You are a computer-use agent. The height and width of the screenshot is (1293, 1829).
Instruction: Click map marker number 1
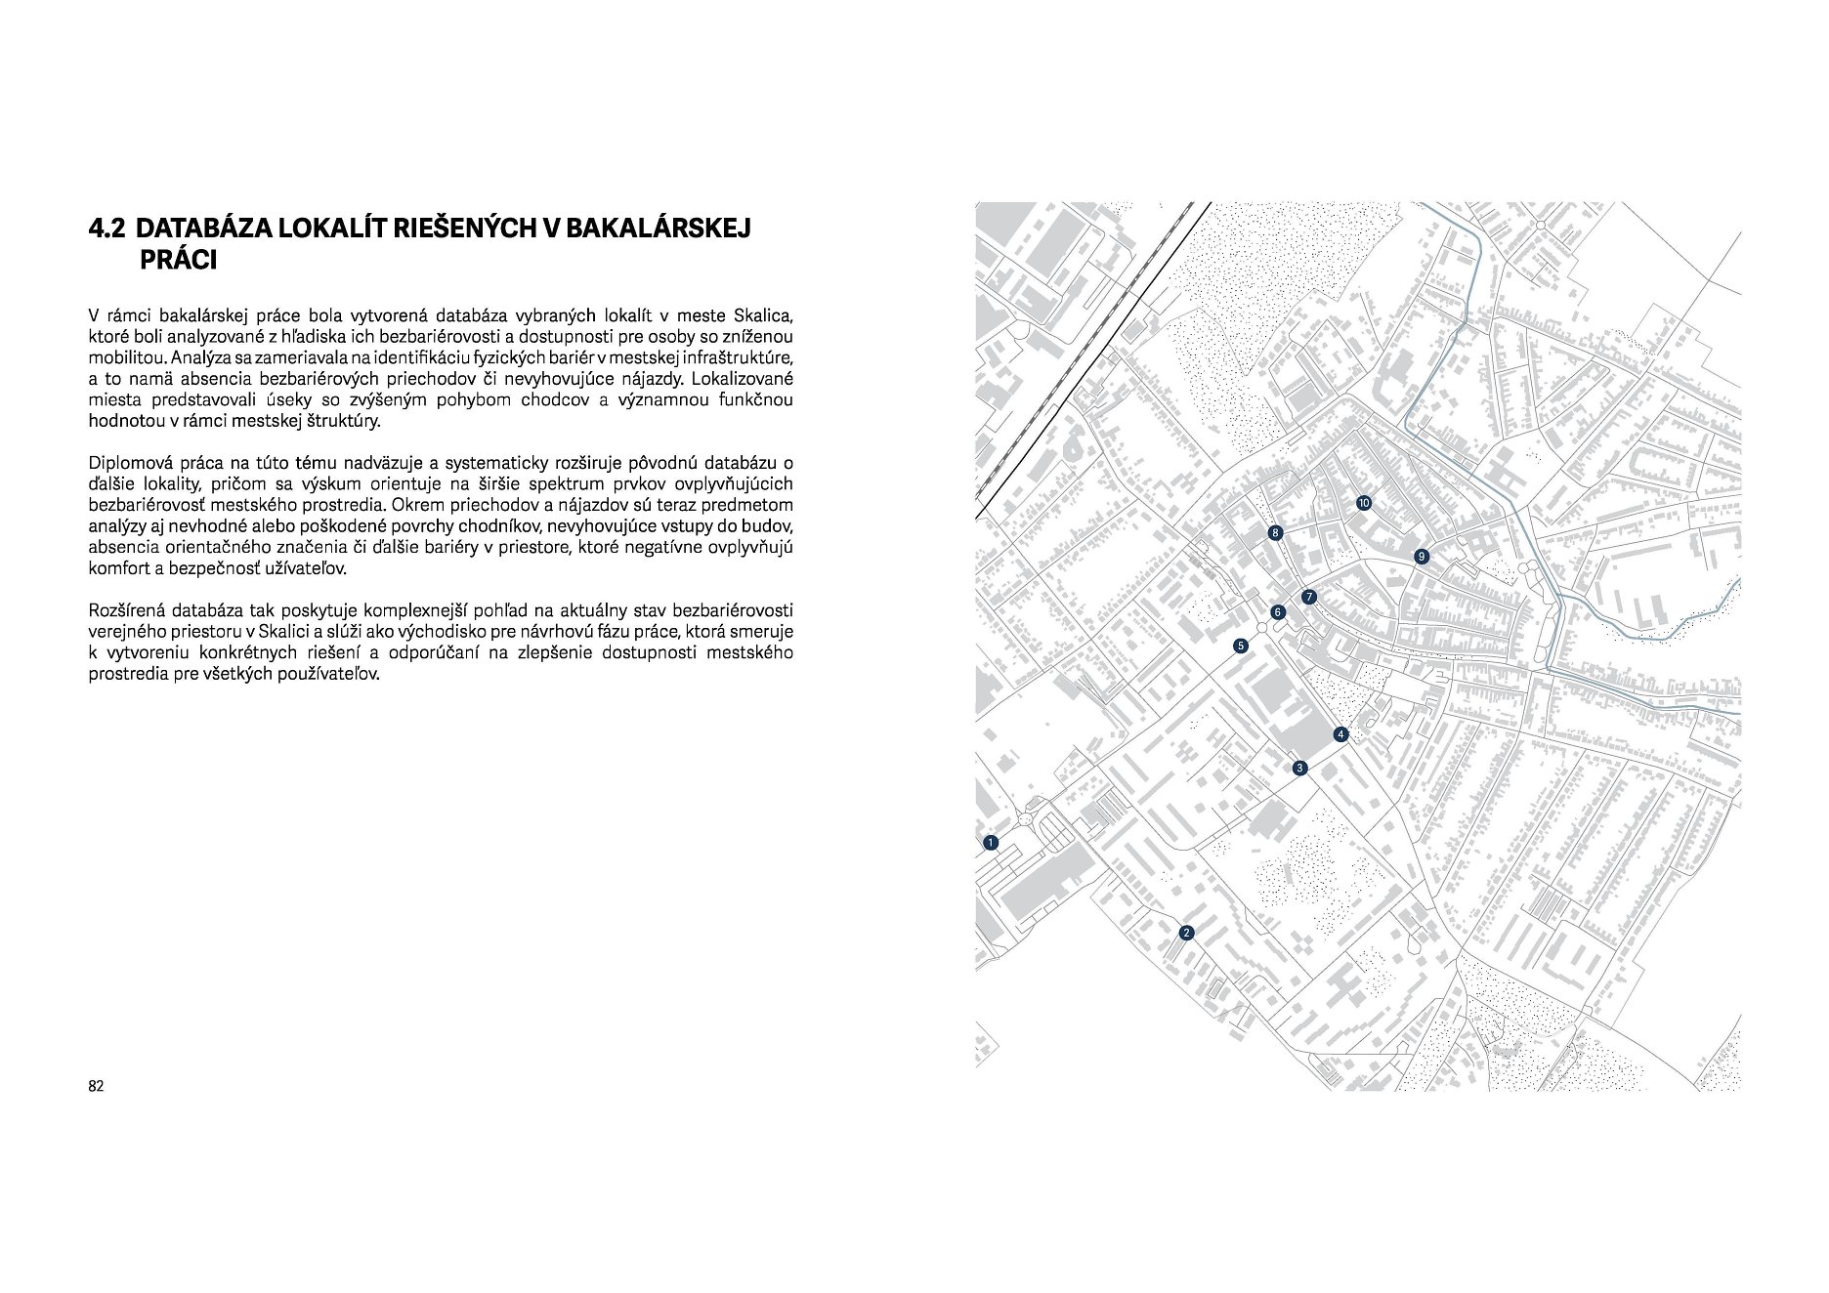point(991,842)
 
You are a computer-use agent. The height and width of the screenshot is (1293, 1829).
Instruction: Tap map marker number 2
point(1186,933)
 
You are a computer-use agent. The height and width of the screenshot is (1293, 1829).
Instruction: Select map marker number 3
point(1299,769)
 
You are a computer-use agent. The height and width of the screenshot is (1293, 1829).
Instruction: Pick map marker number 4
point(1341,734)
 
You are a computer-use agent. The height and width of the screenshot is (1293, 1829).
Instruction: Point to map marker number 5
point(1241,646)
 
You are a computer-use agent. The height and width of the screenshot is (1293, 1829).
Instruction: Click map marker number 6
point(1277,612)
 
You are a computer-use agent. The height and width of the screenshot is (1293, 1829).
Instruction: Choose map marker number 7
point(1309,597)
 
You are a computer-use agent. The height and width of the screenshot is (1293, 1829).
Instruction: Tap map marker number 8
point(1275,533)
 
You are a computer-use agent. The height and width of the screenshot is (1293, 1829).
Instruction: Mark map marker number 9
point(1422,557)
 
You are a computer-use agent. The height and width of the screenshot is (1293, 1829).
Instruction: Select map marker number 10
point(1364,503)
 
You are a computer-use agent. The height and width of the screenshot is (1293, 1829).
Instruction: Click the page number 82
point(96,1086)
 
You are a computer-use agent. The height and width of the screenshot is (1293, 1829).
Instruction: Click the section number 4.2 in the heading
point(107,229)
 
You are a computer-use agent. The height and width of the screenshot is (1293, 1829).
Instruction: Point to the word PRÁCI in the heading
point(178,261)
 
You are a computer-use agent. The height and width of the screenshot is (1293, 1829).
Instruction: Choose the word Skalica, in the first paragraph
point(762,315)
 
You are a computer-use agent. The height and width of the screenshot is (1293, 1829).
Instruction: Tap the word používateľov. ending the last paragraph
point(330,674)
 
